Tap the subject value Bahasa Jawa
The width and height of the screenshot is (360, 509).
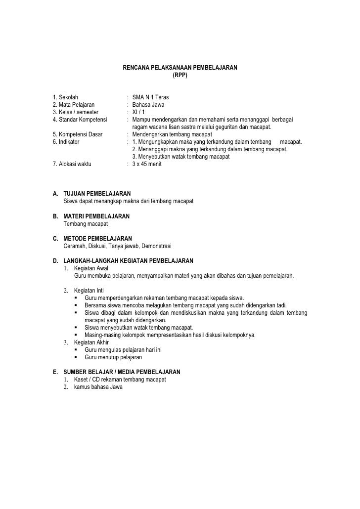click(x=148, y=105)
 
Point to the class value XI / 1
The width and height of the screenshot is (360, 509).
click(x=139, y=112)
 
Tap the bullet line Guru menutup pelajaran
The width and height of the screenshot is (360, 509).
click(x=113, y=357)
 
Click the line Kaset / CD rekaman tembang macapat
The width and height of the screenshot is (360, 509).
click(x=120, y=380)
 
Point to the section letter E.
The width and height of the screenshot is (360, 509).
click(x=54, y=372)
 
